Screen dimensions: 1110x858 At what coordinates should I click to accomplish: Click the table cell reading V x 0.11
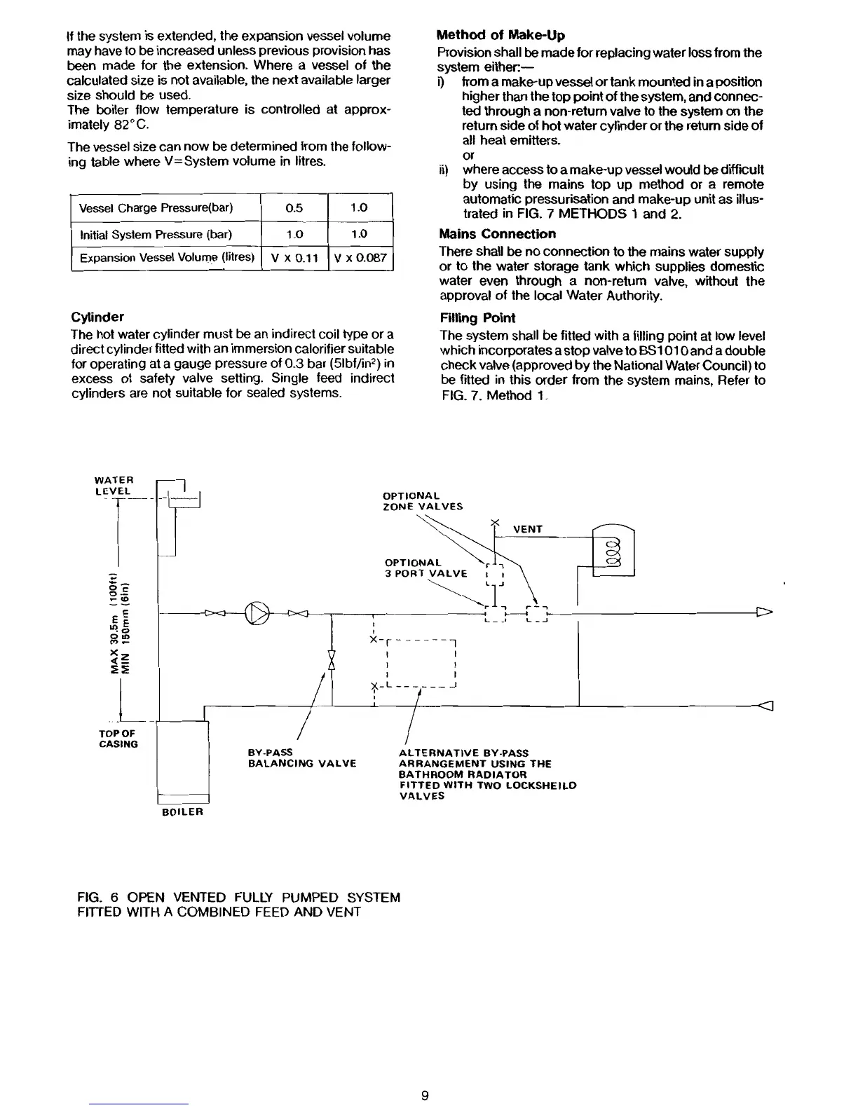point(294,258)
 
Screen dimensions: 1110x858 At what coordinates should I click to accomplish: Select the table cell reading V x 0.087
point(360,258)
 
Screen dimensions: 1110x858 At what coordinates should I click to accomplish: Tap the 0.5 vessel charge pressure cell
point(294,208)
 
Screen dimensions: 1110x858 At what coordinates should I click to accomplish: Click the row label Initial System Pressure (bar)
point(156,234)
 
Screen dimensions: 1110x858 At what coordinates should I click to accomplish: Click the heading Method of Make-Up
point(500,35)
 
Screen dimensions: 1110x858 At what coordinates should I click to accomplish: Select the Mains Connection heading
point(497,234)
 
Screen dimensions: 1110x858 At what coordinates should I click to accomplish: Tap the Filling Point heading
point(477,317)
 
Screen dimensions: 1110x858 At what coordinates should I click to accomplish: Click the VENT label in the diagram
point(528,529)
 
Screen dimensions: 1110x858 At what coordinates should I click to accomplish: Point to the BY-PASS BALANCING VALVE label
point(301,758)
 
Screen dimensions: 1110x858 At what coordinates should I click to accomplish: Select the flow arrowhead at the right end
point(763,614)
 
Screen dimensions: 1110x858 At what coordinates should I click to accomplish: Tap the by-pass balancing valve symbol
point(332,660)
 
